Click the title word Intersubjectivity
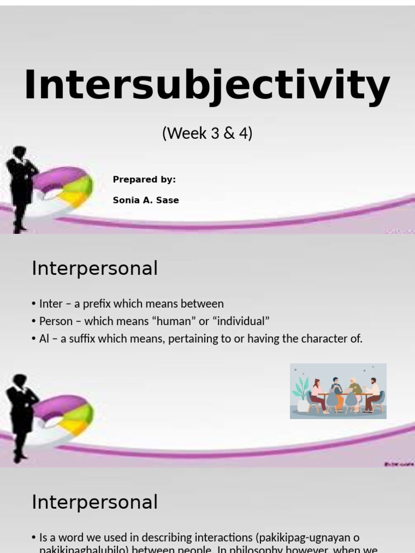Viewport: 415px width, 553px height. coord(207,86)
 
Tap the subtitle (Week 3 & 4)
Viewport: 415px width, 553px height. coord(207,133)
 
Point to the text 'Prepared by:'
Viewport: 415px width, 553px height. coord(144,180)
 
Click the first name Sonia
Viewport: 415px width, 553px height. coord(124,200)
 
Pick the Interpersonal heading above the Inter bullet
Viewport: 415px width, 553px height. coord(95,268)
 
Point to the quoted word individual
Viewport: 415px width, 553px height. coord(241,321)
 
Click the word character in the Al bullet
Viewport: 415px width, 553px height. coord(323,339)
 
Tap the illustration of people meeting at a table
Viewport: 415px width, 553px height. coord(338,391)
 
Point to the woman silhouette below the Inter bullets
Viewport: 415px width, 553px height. coord(21,416)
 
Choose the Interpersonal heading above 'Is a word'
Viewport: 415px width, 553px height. coord(95,502)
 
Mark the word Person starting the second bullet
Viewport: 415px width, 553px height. coord(56,321)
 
